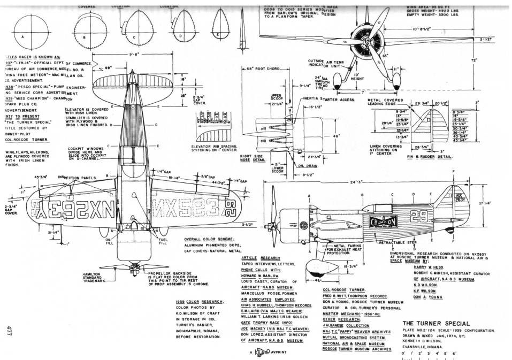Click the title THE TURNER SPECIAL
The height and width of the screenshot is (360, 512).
[436, 324]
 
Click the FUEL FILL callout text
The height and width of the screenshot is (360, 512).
[163, 241]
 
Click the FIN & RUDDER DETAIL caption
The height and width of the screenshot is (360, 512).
[433, 157]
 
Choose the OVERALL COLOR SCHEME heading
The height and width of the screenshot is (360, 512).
[207, 239]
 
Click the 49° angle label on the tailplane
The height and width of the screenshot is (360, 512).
[108, 68]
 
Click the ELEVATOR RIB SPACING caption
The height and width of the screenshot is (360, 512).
[213, 147]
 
